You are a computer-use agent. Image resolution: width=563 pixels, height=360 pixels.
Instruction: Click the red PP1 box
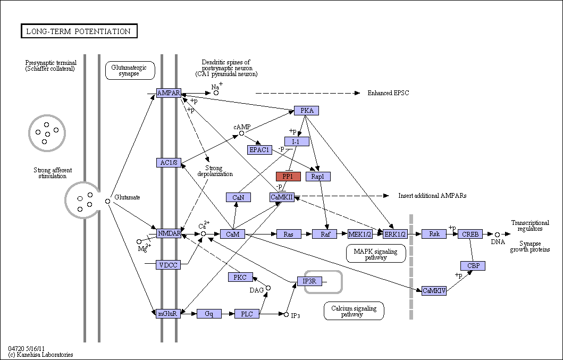[288, 177]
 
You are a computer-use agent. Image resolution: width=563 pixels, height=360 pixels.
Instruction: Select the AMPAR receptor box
[169, 93]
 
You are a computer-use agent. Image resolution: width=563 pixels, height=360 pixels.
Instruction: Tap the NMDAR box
[169, 233]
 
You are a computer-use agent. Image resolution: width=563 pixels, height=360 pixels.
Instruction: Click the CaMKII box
[282, 197]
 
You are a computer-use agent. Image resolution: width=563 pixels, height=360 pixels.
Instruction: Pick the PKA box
[306, 110]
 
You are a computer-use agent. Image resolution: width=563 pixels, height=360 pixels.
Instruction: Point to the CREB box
[470, 235]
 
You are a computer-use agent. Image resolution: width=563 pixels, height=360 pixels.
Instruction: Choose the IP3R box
[309, 281]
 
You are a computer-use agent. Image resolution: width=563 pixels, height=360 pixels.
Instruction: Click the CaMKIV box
[434, 291]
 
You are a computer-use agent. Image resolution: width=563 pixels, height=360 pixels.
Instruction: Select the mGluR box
[169, 314]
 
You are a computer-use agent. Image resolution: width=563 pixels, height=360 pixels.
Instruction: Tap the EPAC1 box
[259, 150]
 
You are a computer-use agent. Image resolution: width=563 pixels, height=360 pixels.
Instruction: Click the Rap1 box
[318, 177]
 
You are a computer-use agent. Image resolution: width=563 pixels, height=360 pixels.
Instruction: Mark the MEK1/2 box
[360, 235]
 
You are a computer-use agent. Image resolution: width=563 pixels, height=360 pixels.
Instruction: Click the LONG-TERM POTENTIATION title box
[79, 31]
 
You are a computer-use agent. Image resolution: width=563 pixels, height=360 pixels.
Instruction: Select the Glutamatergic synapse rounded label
[130, 70]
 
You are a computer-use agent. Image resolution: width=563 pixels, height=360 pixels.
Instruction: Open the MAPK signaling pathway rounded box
[376, 254]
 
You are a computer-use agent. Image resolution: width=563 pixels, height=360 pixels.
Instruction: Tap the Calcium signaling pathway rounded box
[354, 311]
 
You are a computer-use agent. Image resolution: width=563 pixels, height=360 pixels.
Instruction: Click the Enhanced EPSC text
[388, 93]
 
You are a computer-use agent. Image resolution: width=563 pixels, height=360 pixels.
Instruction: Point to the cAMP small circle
[242, 133]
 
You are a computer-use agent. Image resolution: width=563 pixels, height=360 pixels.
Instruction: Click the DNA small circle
[497, 235]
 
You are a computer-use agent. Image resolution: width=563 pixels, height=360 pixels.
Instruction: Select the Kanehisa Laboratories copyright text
[40, 355]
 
